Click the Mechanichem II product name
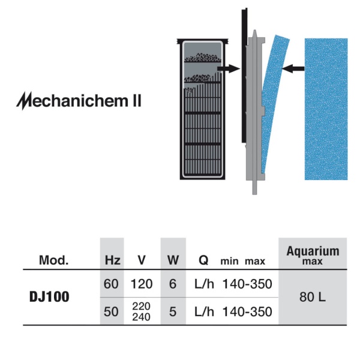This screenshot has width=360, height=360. pos(79,101)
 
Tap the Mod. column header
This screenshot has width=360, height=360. pos(54,260)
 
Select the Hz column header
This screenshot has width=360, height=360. pos(113,260)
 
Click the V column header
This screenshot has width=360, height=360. pos(142,260)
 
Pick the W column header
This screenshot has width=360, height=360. pos(173,260)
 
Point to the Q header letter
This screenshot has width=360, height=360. pos(203,260)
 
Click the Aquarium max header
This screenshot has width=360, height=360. pos(313,255)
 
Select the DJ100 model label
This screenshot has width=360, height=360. pos(49,296)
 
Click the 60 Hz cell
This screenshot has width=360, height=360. pos(111,284)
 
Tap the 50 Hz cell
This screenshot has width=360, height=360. pos(111,312)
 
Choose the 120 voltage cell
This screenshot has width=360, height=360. pos(142,284)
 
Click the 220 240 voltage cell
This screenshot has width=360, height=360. pos(142,311)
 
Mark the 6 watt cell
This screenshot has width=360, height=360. pos(173,284)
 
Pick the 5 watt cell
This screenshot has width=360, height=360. pos(173,312)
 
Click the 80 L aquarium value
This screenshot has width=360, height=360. pos(313,297)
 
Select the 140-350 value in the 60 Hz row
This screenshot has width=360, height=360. pos(247,284)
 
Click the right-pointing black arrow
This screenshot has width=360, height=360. pos(229,68)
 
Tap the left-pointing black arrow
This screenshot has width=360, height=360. pos(293,68)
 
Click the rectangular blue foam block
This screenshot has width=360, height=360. pos(326,109)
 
